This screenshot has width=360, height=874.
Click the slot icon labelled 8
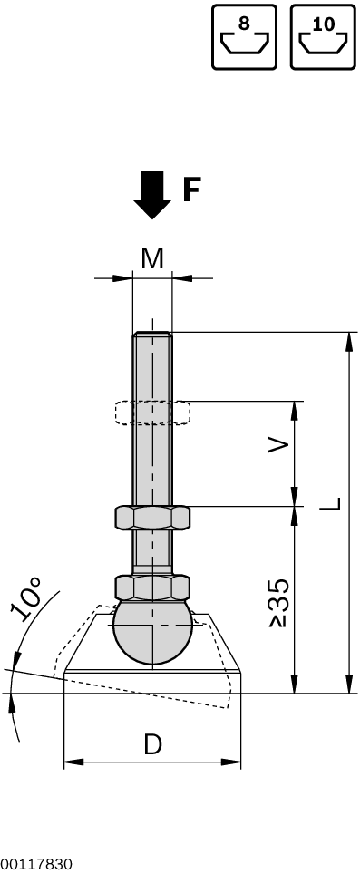tap(244, 37)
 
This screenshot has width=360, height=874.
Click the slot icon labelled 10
tap(323, 37)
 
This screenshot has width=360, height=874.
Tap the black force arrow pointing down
tap(152, 195)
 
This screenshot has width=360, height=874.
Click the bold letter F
tap(191, 189)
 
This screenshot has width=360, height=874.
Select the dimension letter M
tap(152, 258)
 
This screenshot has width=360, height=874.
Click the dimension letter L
tap(330, 504)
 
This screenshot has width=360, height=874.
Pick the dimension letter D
tap(152, 744)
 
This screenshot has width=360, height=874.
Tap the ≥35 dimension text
tap(279, 603)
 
